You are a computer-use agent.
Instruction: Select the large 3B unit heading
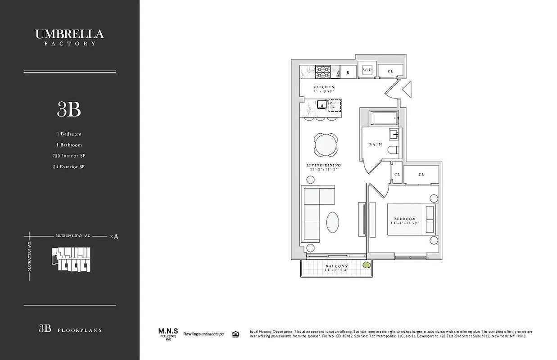click(x=69, y=109)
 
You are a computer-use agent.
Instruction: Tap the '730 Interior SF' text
click(x=69, y=156)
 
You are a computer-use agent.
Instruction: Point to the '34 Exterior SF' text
click(x=69, y=166)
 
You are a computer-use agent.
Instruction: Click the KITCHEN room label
click(x=324, y=87)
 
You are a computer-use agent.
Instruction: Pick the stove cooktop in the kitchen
click(x=322, y=72)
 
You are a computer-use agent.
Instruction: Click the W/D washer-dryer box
click(x=367, y=70)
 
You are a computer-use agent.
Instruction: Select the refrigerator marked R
click(x=348, y=72)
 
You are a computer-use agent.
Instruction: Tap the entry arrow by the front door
click(x=406, y=90)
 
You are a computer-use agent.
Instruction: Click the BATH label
click(x=375, y=144)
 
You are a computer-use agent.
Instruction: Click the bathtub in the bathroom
click(x=383, y=118)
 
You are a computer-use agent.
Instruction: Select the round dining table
click(x=325, y=144)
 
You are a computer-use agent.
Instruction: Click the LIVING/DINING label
click(x=324, y=165)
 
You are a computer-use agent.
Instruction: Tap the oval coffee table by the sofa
click(x=332, y=222)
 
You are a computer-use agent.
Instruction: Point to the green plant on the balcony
click(x=367, y=265)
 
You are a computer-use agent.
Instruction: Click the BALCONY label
click(x=337, y=266)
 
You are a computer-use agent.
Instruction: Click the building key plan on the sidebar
click(x=71, y=259)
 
